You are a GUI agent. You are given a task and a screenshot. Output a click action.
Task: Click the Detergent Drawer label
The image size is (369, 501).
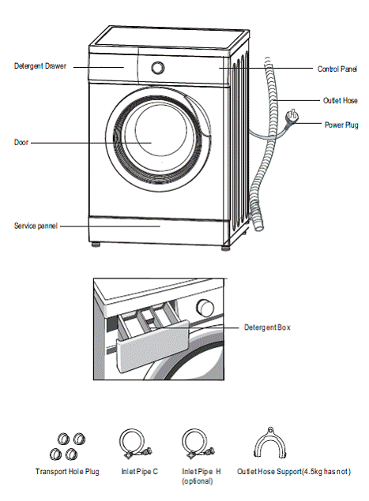coord(40,66)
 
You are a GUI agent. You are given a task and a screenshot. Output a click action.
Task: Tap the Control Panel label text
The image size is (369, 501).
coord(337,69)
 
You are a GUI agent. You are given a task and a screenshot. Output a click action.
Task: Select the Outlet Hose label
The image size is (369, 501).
coord(340,101)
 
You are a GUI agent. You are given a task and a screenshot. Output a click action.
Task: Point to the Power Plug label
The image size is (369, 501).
coord(341,125)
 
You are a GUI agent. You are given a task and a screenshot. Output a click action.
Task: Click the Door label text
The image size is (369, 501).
coord(21,143)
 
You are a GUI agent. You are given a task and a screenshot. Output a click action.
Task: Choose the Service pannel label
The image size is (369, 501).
coord(36,226)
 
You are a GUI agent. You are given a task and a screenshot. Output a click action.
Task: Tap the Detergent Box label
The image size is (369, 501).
coord(267,327)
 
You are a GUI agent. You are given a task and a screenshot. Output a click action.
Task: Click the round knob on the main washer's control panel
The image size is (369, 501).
coord(157,67)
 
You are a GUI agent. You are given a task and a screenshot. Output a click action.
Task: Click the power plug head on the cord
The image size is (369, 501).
coord(292,116)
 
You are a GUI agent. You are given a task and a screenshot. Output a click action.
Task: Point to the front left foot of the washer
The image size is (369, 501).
coord(96,245)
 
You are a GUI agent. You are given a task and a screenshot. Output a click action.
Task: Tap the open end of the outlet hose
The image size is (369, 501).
coord(258,226)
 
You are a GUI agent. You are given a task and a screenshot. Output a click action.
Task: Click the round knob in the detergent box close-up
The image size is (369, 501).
coord(205,308)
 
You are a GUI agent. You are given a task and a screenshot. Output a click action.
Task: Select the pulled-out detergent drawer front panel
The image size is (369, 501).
coord(152,346)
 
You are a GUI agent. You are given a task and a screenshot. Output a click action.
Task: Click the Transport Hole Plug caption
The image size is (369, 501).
coord(67,472)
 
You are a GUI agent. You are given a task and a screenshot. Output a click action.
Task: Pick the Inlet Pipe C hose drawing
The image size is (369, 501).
coord(135,443)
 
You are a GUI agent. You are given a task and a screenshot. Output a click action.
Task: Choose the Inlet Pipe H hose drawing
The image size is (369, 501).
coord(198,443)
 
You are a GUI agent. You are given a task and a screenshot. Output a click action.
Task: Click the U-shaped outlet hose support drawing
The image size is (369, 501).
coord(270,443)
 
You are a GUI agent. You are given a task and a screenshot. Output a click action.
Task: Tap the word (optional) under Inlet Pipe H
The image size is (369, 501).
coord(197,481)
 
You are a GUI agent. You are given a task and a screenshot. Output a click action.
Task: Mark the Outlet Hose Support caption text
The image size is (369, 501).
coord(294,472)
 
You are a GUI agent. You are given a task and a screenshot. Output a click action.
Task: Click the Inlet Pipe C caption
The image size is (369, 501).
coord(140,472)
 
